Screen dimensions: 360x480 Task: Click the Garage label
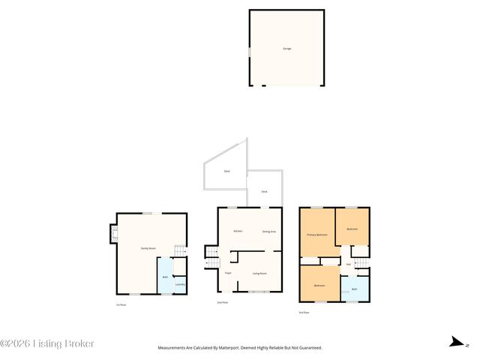[x=286, y=49]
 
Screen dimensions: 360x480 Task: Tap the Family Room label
[x=148, y=248]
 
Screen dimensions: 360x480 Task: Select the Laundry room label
[x=180, y=284]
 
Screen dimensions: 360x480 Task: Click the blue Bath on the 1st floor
[x=164, y=277]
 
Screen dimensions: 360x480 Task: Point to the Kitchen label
[x=238, y=231]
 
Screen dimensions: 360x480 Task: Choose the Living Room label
[x=259, y=273]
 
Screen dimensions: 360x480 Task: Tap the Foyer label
[x=228, y=273]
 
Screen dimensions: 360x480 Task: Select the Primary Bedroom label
[x=317, y=235]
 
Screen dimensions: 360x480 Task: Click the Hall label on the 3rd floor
[x=349, y=264]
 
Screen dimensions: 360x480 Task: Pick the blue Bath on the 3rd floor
[x=355, y=289]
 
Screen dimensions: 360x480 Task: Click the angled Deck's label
[x=226, y=172]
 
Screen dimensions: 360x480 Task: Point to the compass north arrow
[x=455, y=343]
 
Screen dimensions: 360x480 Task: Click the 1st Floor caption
[x=121, y=304]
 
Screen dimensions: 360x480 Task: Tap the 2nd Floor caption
[x=222, y=302]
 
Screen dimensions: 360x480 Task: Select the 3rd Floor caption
[x=304, y=312]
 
